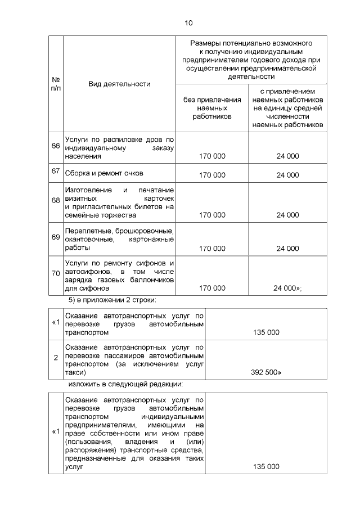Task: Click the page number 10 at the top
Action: click(x=188, y=23)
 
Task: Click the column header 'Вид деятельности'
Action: click(x=119, y=84)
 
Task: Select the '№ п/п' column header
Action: click(x=56, y=84)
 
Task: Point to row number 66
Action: click(x=56, y=146)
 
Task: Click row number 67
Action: click(x=56, y=172)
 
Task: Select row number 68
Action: click(x=56, y=200)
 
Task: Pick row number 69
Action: click(x=56, y=237)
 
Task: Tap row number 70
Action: click(x=56, y=273)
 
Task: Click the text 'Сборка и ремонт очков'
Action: click(x=104, y=173)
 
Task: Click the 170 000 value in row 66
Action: click(x=212, y=157)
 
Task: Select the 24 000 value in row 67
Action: click(x=287, y=175)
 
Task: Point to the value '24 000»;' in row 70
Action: click(x=288, y=288)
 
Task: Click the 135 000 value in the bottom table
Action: click(x=266, y=467)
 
